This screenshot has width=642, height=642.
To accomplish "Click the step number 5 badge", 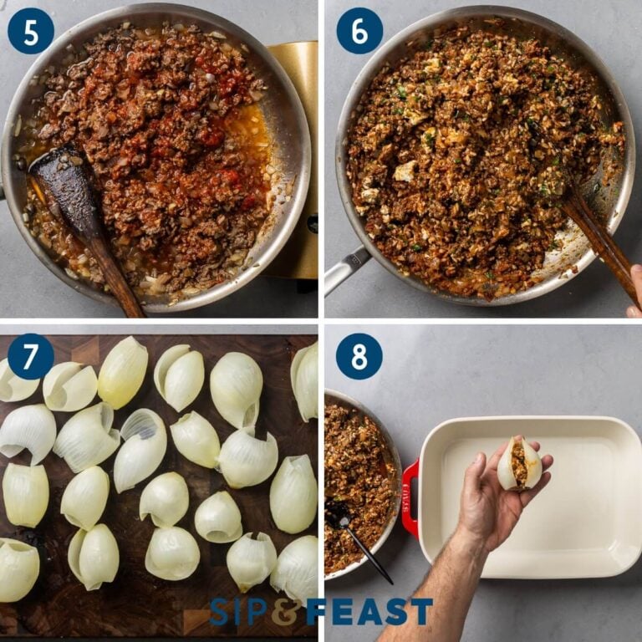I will coord(30,31).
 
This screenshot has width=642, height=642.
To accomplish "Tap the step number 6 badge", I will coord(359,31).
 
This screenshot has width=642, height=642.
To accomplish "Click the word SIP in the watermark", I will coord(237,611).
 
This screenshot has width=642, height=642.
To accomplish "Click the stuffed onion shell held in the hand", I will coord(519,464).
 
